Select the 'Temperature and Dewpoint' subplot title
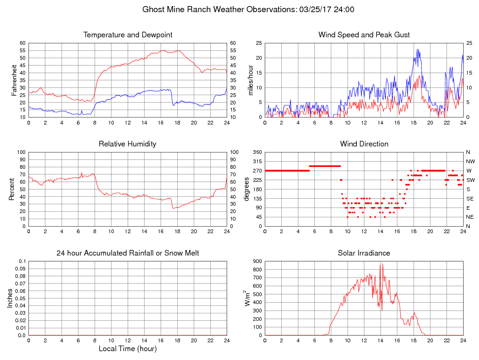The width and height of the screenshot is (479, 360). (x=128, y=35)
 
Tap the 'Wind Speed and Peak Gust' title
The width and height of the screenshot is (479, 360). (x=364, y=35)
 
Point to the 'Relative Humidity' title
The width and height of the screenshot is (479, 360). (x=128, y=144)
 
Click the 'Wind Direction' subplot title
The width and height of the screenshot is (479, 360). (x=364, y=144)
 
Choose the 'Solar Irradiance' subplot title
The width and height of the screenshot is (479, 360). (x=364, y=253)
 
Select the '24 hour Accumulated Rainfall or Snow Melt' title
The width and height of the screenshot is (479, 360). (x=128, y=253)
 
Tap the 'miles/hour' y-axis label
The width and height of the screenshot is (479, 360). (x=250, y=80)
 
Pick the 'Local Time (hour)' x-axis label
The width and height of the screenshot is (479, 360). (x=128, y=349)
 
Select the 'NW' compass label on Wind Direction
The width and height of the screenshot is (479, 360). (x=470, y=161)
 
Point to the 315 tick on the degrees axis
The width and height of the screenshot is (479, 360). (x=257, y=161)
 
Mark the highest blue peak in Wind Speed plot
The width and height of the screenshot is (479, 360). (x=417, y=49)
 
